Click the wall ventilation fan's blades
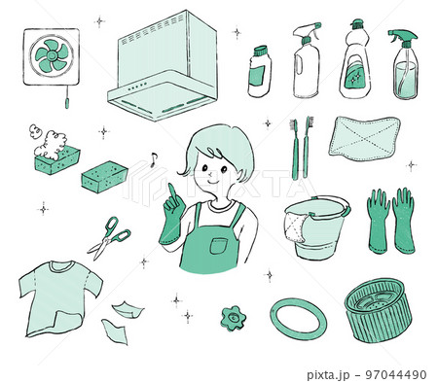(x=52, y=56)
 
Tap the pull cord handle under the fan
(x=67, y=103)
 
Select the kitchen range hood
(x=163, y=66)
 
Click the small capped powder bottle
(x=260, y=71)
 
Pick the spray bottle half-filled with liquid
(x=405, y=65)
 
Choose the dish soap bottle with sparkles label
(x=355, y=60)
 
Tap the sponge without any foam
(x=104, y=177)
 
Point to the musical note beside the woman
(x=154, y=159)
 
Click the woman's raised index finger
(x=171, y=191)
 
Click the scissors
(x=110, y=238)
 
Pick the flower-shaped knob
(x=234, y=319)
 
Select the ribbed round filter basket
(x=378, y=311)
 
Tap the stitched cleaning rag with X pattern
(x=364, y=139)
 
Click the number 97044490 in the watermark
(x=396, y=375)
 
